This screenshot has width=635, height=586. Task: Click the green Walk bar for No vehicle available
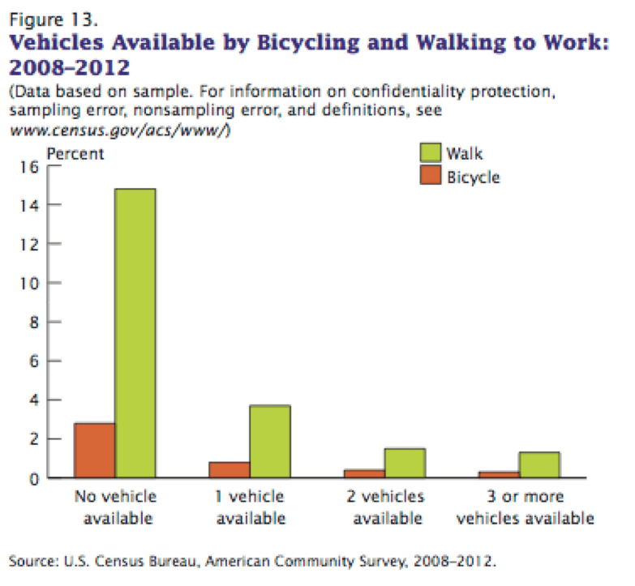point(135,333)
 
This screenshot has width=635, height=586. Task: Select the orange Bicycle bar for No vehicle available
point(95,451)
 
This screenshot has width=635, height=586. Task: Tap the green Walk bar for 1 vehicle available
point(270,442)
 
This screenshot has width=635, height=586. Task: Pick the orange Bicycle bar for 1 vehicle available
point(230,470)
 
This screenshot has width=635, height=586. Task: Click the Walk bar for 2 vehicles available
point(405,463)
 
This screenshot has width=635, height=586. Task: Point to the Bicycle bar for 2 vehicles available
point(364,473)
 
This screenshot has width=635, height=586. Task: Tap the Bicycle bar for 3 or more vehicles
point(499,475)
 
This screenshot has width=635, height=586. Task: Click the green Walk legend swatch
point(430,153)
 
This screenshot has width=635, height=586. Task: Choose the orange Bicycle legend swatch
point(430,176)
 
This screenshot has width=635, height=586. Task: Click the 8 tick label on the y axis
point(34,323)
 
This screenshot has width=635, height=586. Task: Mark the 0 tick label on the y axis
point(34,478)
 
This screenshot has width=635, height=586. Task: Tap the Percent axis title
point(76,153)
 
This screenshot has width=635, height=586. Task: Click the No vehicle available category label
point(115,507)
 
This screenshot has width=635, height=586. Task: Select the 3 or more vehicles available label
point(526,507)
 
